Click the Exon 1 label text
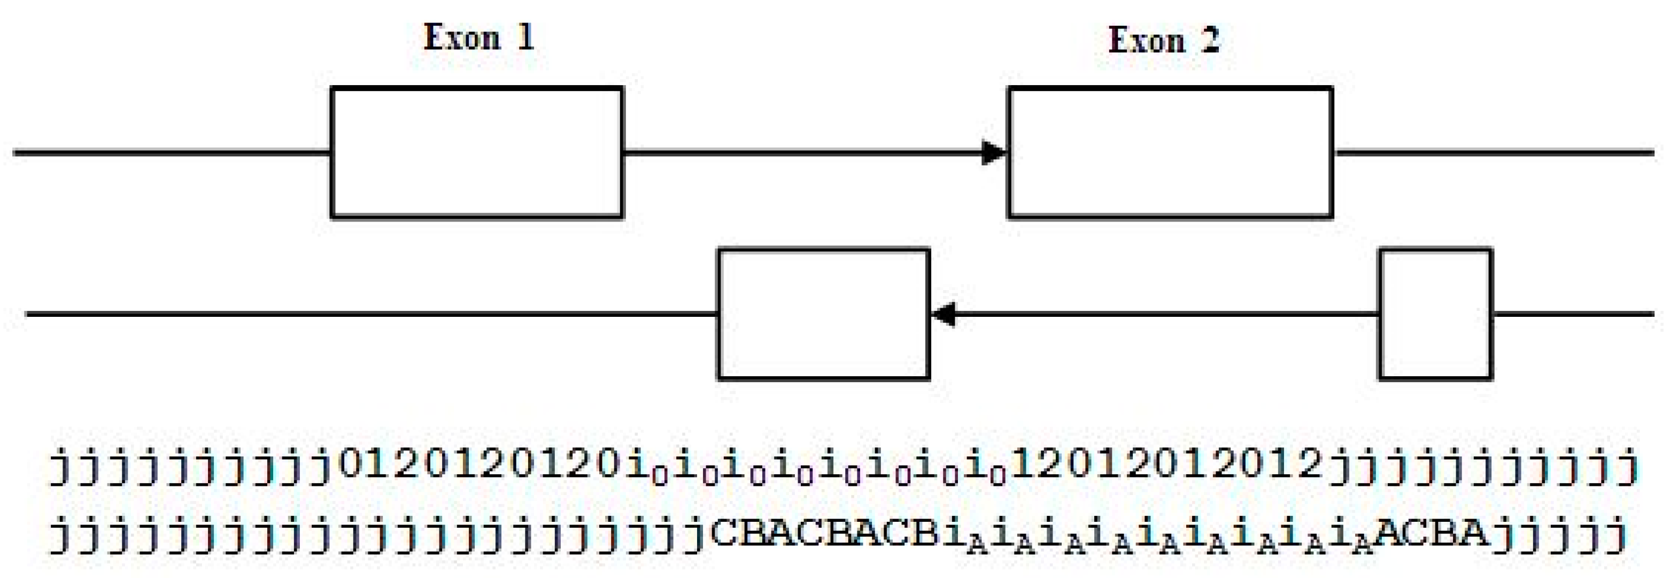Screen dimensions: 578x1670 (x=478, y=37)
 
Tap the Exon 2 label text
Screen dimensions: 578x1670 (x=1164, y=40)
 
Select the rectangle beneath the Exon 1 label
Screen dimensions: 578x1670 (x=477, y=153)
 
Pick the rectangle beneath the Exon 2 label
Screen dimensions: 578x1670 (x=1170, y=153)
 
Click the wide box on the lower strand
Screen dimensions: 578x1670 (x=823, y=314)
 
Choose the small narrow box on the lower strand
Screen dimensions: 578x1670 (x=1435, y=314)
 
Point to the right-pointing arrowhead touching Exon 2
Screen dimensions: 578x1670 (x=993, y=153)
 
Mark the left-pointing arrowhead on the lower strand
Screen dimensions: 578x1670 (x=944, y=314)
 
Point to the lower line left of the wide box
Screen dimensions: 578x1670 (x=369, y=314)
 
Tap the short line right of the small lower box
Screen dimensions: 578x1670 (x=1572, y=314)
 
